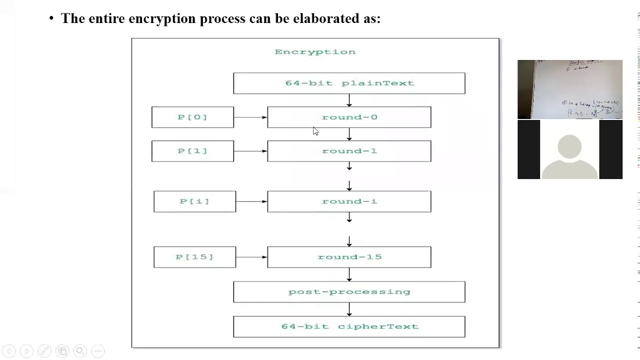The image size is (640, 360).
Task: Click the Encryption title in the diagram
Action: point(315,52)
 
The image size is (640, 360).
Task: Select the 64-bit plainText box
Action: point(349,83)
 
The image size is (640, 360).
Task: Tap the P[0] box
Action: point(192,117)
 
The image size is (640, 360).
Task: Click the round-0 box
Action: point(349,117)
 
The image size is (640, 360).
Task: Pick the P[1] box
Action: point(192,151)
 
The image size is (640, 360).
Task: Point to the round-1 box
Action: point(349,151)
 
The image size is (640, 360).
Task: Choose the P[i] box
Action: point(194,201)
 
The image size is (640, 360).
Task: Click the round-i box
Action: point(349,201)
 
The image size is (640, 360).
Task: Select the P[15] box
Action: point(194,257)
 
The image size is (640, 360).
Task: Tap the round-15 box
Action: point(349,257)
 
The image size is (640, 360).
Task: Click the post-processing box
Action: point(349,292)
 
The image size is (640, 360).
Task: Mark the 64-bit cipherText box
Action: point(349,326)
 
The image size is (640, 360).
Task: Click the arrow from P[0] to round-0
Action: point(250,117)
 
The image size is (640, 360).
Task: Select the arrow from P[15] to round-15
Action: point(251,257)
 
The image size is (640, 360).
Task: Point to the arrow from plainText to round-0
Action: point(349,100)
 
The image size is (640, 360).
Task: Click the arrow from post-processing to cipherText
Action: point(349,309)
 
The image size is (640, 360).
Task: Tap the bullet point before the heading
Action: point(51,19)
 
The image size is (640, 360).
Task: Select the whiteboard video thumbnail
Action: point(569,89)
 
